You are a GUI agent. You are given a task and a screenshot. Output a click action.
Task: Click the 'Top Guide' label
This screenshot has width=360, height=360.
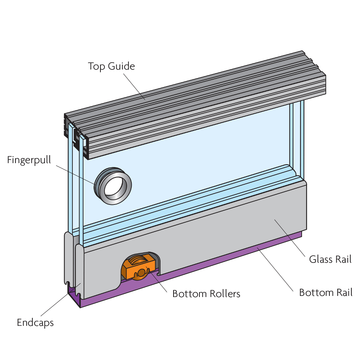111,67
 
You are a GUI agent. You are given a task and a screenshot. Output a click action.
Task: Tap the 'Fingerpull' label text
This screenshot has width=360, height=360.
29,160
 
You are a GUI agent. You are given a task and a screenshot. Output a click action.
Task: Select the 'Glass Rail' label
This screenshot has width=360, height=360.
330,259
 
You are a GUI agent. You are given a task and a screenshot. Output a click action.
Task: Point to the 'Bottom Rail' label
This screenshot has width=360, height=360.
325,292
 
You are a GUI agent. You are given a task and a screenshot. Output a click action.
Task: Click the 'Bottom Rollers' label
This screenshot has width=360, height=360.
206,294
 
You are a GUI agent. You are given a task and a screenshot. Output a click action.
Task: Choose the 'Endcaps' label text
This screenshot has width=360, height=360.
35,323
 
